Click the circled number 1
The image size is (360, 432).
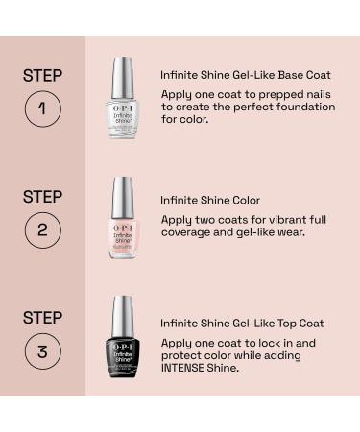click(x=43, y=108)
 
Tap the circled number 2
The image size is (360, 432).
click(x=43, y=230)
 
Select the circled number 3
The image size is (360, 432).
click(x=43, y=351)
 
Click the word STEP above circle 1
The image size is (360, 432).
click(x=43, y=75)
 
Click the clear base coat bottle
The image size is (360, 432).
click(x=123, y=116)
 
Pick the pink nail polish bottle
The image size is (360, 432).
click(x=123, y=235)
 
